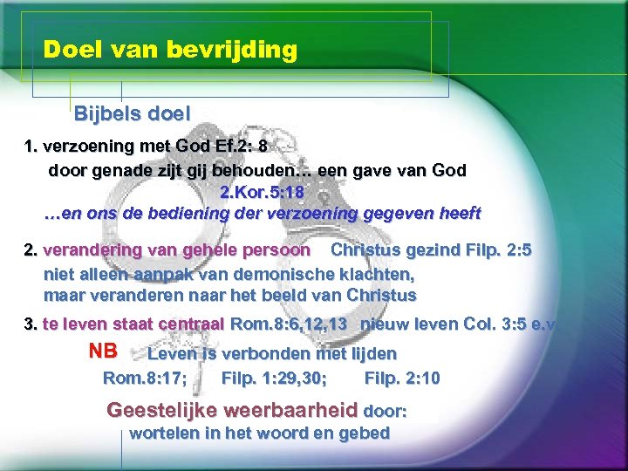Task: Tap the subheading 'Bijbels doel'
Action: (132, 113)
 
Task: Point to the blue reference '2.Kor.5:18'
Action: (259, 192)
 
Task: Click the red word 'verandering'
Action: (92, 249)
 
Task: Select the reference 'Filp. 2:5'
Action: (493, 249)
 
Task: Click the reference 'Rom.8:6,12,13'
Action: (288, 324)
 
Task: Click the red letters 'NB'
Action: (103, 352)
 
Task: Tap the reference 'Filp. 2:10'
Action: (402, 378)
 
